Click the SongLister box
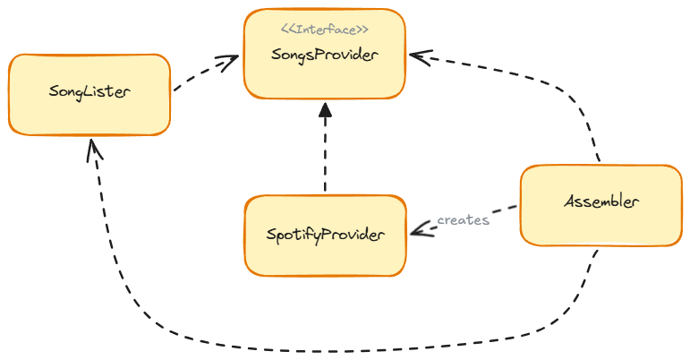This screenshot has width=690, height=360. [x=89, y=115]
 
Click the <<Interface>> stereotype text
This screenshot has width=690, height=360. [x=325, y=30]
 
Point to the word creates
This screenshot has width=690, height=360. [x=463, y=219]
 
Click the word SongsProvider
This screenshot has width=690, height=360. [x=325, y=55]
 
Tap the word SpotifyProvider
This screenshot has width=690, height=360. [x=325, y=235]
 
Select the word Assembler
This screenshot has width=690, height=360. [x=601, y=201]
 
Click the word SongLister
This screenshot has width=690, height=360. [x=89, y=91]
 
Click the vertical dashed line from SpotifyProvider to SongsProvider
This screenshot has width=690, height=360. [x=325, y=152]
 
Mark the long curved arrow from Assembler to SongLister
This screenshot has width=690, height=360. [x=340, y=348]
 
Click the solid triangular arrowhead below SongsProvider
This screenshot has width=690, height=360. [x=325, y=110]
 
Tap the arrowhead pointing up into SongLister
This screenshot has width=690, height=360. [x=93, y=150]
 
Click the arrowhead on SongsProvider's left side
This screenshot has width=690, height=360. [x=232, y=61]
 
